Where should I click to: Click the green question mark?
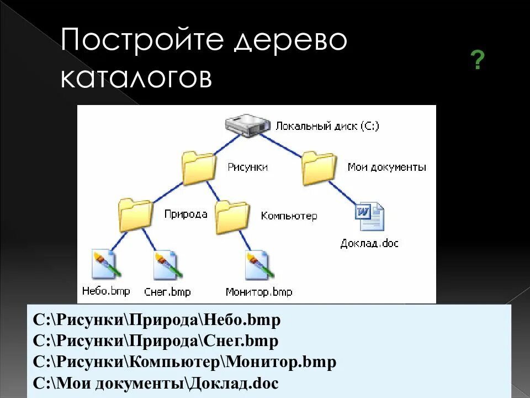(x=478, y=60)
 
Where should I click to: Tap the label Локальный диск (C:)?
(x=327, y=126)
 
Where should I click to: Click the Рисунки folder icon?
(x=199, y=169)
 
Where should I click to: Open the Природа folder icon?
(x=135, y=215)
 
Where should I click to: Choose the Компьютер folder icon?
(x=232, y=217)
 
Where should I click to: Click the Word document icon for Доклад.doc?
(x=369, y=217)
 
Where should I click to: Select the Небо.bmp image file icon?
(x=105, y=264)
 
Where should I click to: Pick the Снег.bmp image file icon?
(x=167, y=264)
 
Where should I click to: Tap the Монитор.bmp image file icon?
(x=259, y=264)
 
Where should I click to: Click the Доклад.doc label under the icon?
(x=369, y=243)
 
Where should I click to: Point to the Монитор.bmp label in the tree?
(x=259, y=292)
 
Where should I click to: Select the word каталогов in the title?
(x=136, y=78)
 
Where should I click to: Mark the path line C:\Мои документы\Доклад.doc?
(x=156, y=383)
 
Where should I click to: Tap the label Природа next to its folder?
(x=185, y=214)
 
